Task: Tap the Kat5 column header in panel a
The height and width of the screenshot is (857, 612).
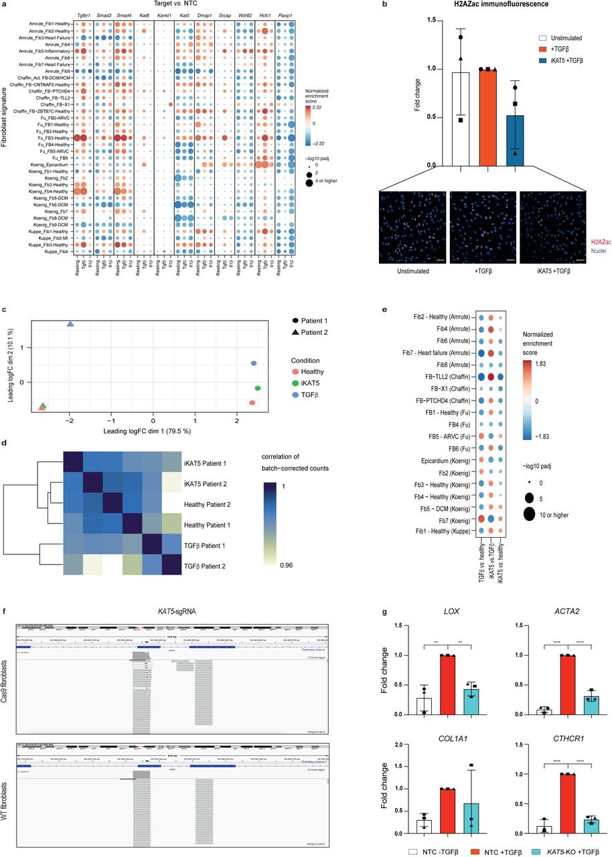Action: (x=184, y=13)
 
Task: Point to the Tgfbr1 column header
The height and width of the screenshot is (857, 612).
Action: (x=84, y=13)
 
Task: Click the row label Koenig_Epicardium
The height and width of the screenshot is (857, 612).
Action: (x=46, y=164)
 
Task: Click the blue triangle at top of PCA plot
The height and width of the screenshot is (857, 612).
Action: (x=70, y=324)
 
